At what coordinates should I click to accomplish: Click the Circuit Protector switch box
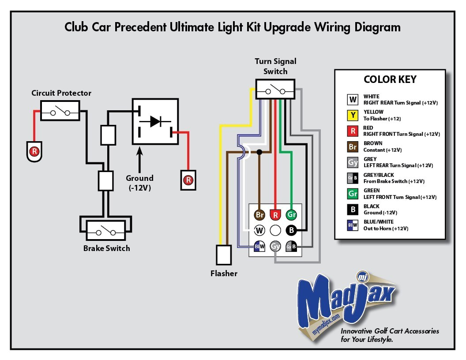60,110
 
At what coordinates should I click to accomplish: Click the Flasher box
224,255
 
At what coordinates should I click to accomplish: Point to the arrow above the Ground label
140,161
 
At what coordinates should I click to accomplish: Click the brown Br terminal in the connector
260,215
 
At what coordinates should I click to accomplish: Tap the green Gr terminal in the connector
291,215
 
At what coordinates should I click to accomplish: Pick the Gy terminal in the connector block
275,246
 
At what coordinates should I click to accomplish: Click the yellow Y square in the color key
353,115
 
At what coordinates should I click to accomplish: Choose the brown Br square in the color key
353,146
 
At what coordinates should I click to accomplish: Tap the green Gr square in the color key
353,194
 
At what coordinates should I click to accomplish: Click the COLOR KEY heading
390,80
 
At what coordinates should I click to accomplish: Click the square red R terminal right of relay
188,180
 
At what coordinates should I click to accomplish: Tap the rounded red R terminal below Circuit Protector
34,151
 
